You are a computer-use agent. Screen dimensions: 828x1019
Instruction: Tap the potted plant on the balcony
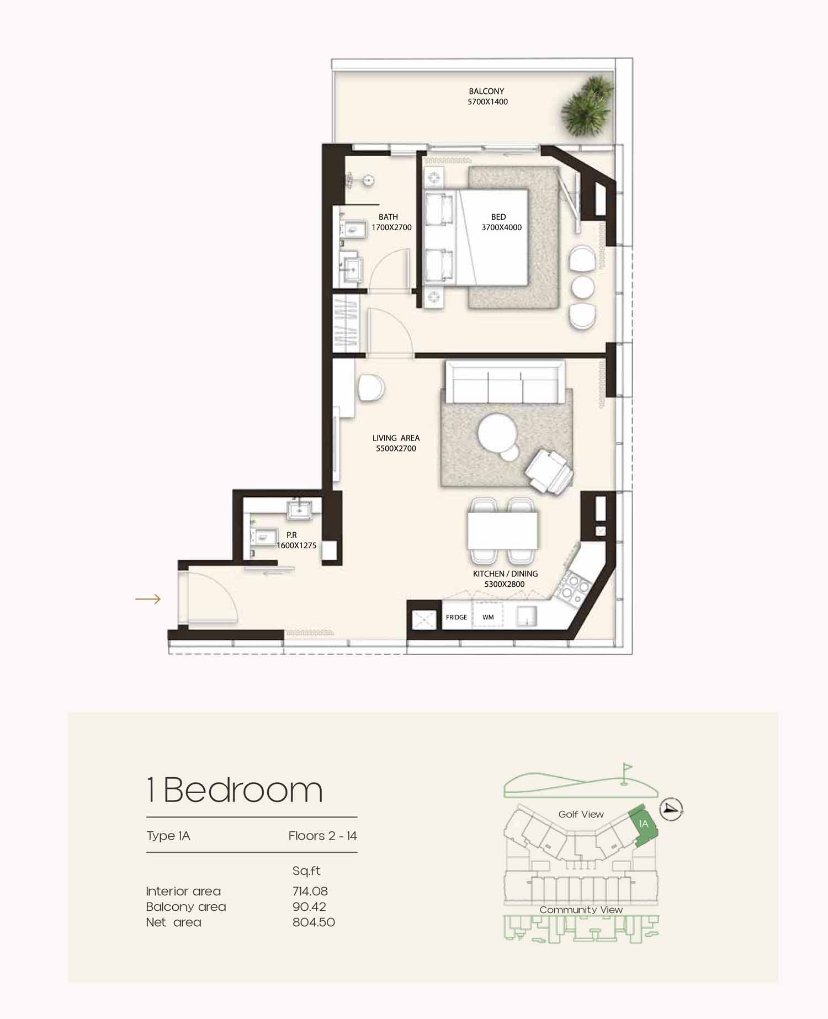click(587, 107)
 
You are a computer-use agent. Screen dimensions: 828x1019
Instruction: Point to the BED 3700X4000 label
click(501, 222)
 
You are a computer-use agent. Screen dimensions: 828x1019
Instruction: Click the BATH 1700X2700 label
click(391, 222)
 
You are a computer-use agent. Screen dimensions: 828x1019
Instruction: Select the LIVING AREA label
click(396, 443)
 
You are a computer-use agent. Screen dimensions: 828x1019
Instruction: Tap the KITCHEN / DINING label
click(505, 579)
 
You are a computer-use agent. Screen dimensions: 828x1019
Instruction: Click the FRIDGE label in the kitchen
click(457, 617)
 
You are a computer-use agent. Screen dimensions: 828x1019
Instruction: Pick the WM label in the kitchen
click(488, 617)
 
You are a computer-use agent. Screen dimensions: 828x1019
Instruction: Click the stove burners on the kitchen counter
click(574, 587)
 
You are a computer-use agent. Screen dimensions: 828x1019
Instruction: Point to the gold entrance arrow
click(148, 599)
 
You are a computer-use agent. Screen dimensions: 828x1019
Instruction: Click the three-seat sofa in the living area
click(505, 381)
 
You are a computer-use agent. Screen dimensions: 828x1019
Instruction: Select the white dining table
click(502, 530)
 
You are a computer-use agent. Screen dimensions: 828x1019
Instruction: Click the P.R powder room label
click(296, 540)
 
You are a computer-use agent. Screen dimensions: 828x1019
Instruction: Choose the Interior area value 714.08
click(310, 891)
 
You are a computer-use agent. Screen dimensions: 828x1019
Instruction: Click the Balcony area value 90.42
click(309, 906)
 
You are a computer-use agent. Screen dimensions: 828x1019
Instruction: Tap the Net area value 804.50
click(314, 922)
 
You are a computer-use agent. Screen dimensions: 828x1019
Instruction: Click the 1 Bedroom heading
click(235, 790)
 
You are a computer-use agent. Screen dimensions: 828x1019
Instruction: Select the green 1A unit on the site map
click(643, 825)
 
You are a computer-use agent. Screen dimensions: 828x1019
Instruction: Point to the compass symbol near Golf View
click(671, 809)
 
